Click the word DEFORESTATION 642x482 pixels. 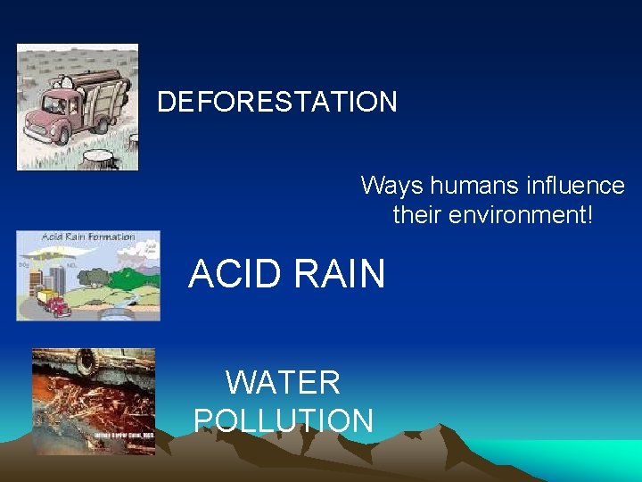[x=277, y=102]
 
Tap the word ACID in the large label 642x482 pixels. [x=233, y=273]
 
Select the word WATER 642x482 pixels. [x=283, y=382]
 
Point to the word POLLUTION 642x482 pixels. [x=284, y=420]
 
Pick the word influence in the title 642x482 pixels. [x=572, y=186]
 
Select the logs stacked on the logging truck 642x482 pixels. [x=99, y=87]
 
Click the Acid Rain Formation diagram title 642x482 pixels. [x=87, y=237]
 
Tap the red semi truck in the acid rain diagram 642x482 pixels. [x=55, y=305]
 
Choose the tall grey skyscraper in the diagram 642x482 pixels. [x=55, y=273]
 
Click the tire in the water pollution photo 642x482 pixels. [x=87, y=361]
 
